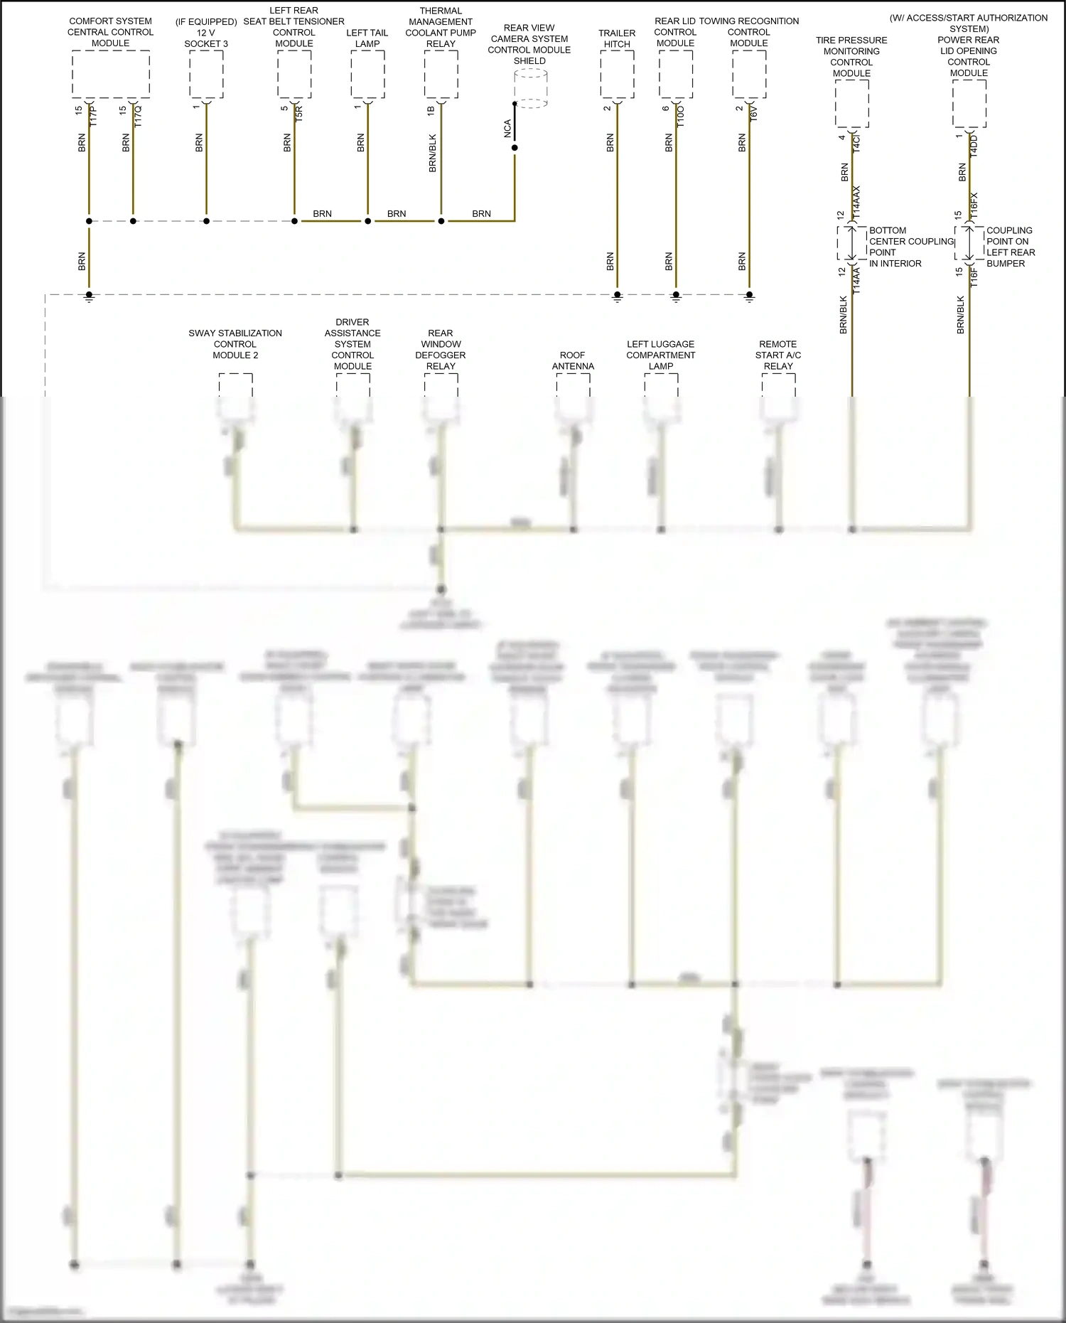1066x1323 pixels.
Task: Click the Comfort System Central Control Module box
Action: (x=110, y=74)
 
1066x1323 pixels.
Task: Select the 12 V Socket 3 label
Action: (x=206, y=33)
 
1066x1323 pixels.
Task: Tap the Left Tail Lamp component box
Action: (x=367, y=74)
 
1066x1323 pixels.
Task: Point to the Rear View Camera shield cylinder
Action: (x=530, y=88)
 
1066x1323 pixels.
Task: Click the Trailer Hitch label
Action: (x=617, y=38)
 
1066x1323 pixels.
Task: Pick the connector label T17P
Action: (x=93, y=115)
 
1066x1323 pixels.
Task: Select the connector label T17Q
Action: (x=138, y=115)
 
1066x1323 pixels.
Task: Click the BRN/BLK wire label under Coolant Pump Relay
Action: (x=432, y=154)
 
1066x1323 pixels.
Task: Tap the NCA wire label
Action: (x=507, y=129)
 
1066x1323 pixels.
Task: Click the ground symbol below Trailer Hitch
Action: (x=617, y=297)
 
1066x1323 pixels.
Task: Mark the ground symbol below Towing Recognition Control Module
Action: (x=749, y=297)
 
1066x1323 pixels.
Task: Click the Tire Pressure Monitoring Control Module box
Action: (x=851, y=104)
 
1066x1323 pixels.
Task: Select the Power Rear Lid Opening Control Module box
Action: (x=969, y=104)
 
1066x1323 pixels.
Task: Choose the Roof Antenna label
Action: (x=573, y=360)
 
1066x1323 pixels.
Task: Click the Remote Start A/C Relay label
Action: (x=778, y=355)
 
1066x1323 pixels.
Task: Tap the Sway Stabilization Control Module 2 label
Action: (x=235, y=344)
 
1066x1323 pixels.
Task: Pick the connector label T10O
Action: (x=680, y=116)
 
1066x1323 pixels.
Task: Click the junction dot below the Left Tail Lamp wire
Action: (x=367, y=221)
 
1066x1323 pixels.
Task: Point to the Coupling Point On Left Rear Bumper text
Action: (x=1010, y=247)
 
